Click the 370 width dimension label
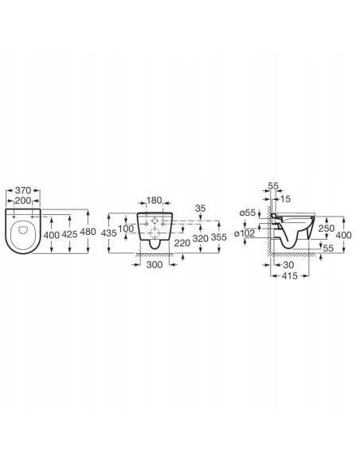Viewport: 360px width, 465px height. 23,190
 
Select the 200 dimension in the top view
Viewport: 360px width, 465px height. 23,201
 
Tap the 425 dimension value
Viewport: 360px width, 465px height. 69,235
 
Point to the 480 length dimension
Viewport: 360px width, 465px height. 88,232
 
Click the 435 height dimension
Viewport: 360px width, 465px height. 108,233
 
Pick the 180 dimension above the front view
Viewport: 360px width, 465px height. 155,200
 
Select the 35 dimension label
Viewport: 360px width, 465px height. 200,209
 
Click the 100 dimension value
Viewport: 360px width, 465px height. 126,229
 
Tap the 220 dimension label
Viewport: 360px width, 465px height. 182,243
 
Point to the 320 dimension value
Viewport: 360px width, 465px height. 201,238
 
